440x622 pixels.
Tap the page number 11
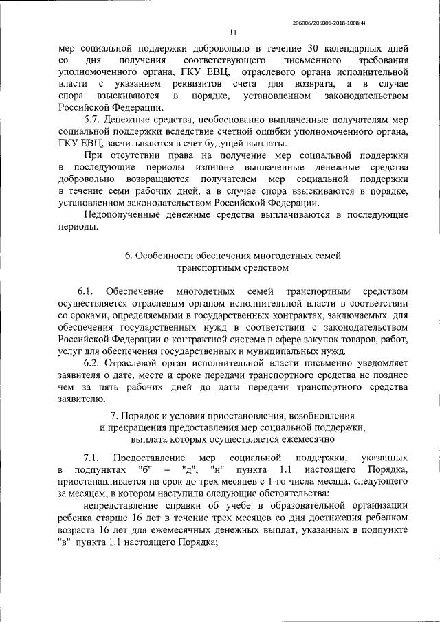click(x=233, y=32)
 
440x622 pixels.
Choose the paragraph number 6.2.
click(x=92, y=362)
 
